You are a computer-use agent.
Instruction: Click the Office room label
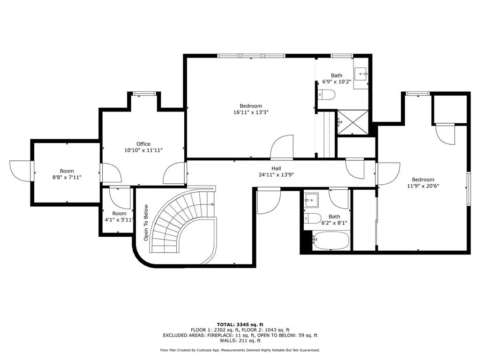[143, 144]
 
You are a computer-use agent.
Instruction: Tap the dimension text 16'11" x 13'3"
[251, 112]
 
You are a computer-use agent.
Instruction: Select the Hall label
[276, 168]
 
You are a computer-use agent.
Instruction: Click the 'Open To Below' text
[146, 223]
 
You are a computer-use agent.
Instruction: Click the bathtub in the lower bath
[330, 240]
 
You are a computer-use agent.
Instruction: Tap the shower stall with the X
[352, 122]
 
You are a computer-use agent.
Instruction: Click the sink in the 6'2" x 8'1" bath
[311, 200]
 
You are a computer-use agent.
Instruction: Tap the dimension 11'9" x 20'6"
[423, 186]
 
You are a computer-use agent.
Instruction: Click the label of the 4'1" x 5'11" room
[119, 214]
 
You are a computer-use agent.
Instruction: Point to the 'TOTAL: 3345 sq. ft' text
[240, 325]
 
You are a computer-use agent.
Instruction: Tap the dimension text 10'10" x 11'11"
[143, 150]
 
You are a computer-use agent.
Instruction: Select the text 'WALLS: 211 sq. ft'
[240, 340]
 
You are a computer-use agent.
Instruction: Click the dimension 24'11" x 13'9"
[276, 175]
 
